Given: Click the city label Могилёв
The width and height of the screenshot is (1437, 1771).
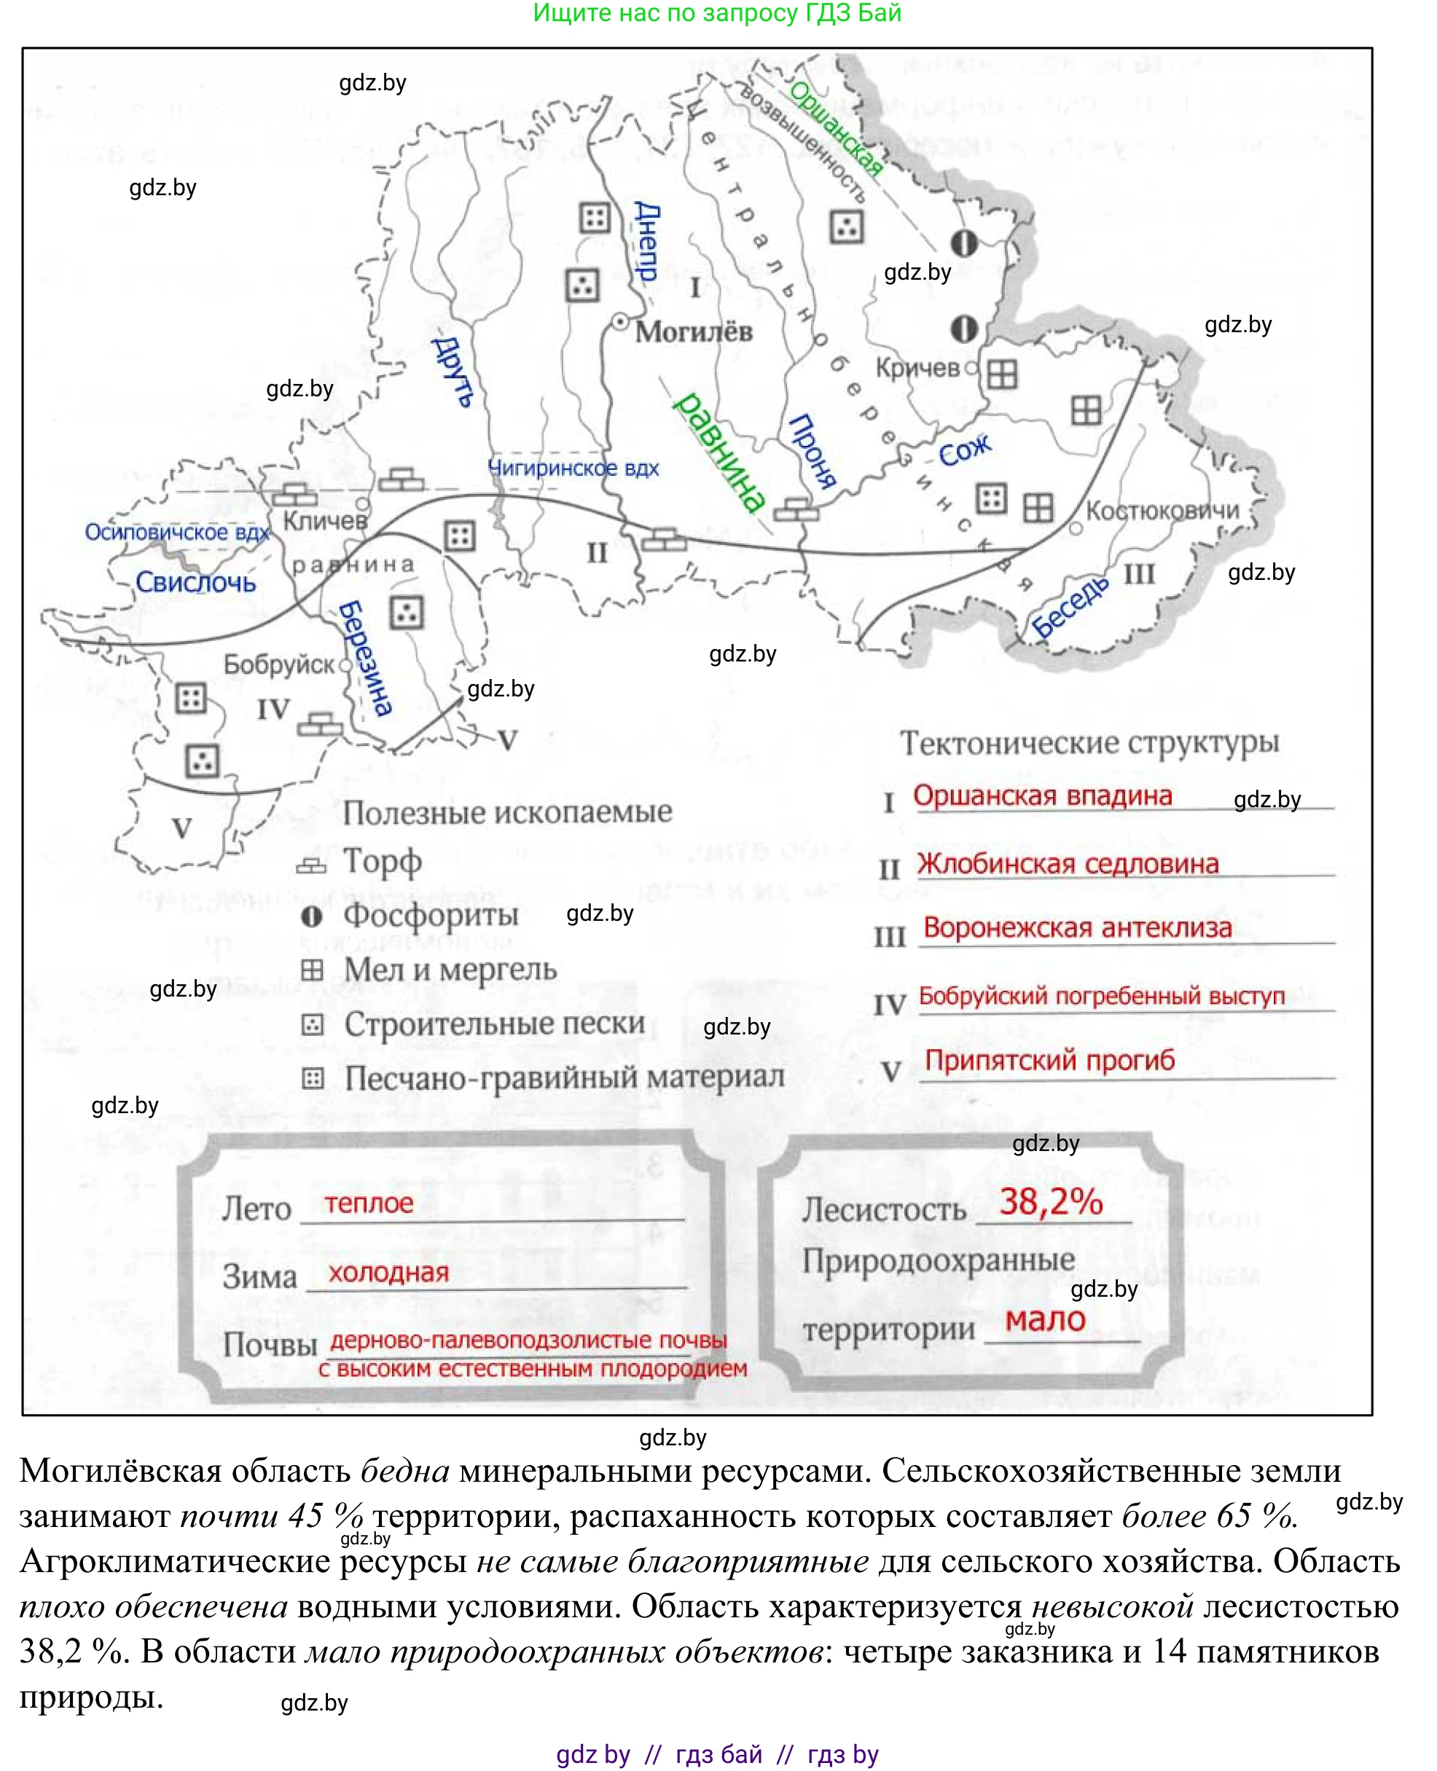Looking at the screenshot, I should [x=694, y=332].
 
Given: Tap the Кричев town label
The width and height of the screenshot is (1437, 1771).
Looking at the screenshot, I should [x=917, y=369].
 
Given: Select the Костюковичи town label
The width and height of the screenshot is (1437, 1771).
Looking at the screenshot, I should [x=1162, y=511].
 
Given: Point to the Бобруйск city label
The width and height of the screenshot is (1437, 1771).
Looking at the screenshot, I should [x=279, y=664].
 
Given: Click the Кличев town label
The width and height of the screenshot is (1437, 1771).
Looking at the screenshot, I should [x=324, y=521].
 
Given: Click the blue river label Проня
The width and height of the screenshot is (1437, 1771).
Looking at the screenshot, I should [x=812, y=452].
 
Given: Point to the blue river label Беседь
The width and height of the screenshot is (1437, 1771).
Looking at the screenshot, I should [x=1070, y=608].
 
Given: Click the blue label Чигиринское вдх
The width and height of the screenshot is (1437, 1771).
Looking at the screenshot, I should [x=573, y=468].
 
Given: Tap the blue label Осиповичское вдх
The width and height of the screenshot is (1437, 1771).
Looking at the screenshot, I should [x=177, y=532].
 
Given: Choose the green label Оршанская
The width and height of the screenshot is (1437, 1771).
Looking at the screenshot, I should [x=835, y=128].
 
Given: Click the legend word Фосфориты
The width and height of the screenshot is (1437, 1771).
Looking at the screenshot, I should [x=431, y=915].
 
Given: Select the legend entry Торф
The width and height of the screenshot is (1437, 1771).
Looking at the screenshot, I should [x=383, y=862].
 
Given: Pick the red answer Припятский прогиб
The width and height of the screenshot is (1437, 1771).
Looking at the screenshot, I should [x=1049, y=1060].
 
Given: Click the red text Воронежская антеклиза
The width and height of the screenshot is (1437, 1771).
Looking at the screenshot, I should [x=1077, y=927].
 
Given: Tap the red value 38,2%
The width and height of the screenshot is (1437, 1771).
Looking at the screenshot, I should [x=1051, y=1201].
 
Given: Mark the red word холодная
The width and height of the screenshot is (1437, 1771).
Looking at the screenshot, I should [x=388, y=1272].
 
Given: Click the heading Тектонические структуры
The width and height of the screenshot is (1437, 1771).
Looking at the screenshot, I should [x=1089, y=742].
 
